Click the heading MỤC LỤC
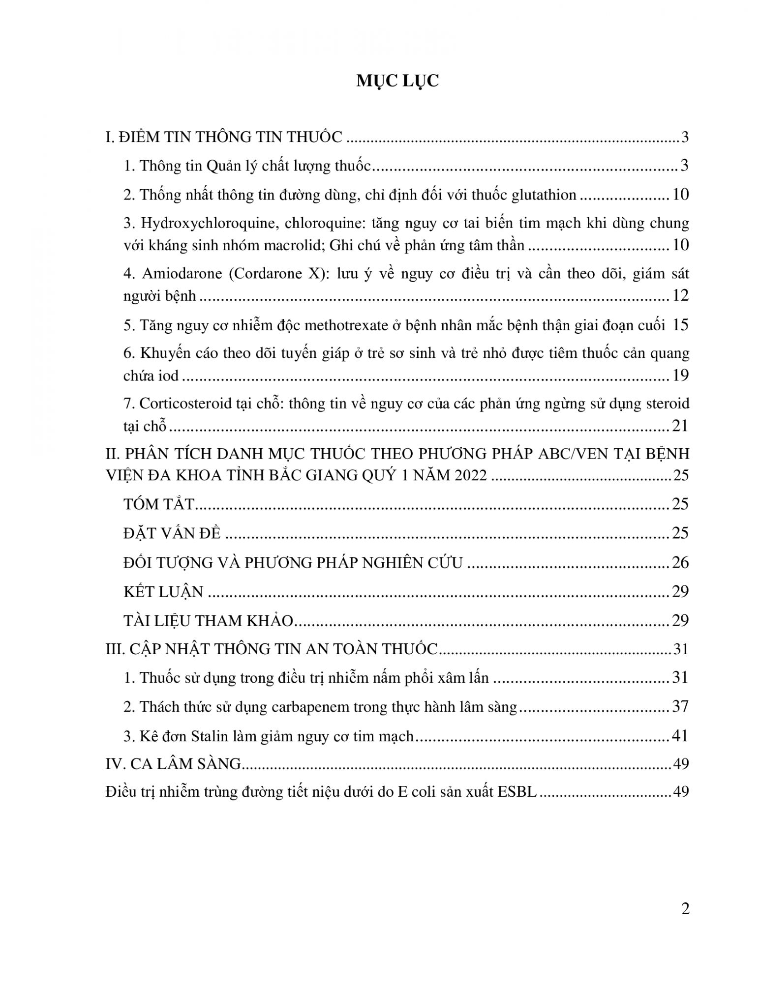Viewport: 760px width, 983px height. (x=397, y=81)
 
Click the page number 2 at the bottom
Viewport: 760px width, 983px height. (x=685, y=909)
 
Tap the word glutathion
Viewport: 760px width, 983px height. (x=544, y=195)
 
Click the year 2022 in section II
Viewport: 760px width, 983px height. (x=470, y=475)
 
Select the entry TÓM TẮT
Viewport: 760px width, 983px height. (x=159, y=504)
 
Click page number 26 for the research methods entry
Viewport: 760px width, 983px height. (x=680, y=562)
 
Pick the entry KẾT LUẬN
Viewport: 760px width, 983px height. (x=163, y=591)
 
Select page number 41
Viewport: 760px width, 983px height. (x=680, y=736)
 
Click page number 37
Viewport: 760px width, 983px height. (x=680, y=707)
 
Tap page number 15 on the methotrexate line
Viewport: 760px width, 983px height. (x=680, y=325)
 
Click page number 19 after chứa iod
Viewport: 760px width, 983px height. (x=680, y=376)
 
